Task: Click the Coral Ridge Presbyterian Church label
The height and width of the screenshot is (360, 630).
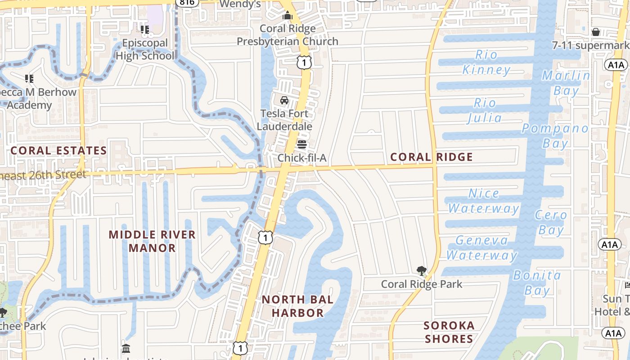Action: click(288, 35)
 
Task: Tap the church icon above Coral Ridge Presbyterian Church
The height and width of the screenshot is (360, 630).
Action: click(288, 16)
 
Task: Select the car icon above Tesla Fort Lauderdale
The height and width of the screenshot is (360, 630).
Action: click(284, 100)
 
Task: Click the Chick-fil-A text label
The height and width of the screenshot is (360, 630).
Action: click(302, 158)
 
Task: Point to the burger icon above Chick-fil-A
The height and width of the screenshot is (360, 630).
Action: click(302, 144)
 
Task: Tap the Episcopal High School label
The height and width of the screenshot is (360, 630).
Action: click(145, 49)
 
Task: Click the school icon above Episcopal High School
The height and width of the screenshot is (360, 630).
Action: click(145, 30)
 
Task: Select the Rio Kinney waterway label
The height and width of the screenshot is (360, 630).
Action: click(486, 63)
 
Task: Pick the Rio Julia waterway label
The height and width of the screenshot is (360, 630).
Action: click(485, 111)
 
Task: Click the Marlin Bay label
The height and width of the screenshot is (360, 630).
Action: click(566, 83)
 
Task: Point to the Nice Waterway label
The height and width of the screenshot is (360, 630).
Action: click(484, 201)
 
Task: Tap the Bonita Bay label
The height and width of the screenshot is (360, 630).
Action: click(537, 283)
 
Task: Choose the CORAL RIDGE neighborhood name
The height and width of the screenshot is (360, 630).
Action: click(432, 157)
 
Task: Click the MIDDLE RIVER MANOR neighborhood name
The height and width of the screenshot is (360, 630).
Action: click(152, 241)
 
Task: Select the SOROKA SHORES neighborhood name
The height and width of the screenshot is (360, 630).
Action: click(449, 332)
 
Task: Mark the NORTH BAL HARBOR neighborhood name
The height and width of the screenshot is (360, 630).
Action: click(297, 306)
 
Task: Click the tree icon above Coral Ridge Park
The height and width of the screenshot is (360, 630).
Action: click(422, 271)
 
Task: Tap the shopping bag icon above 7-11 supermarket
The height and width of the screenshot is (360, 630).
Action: click(596, 32)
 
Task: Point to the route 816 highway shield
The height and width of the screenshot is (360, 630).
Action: click(186, 3)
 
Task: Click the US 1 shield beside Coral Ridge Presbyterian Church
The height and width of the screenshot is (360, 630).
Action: click(304, 63)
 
